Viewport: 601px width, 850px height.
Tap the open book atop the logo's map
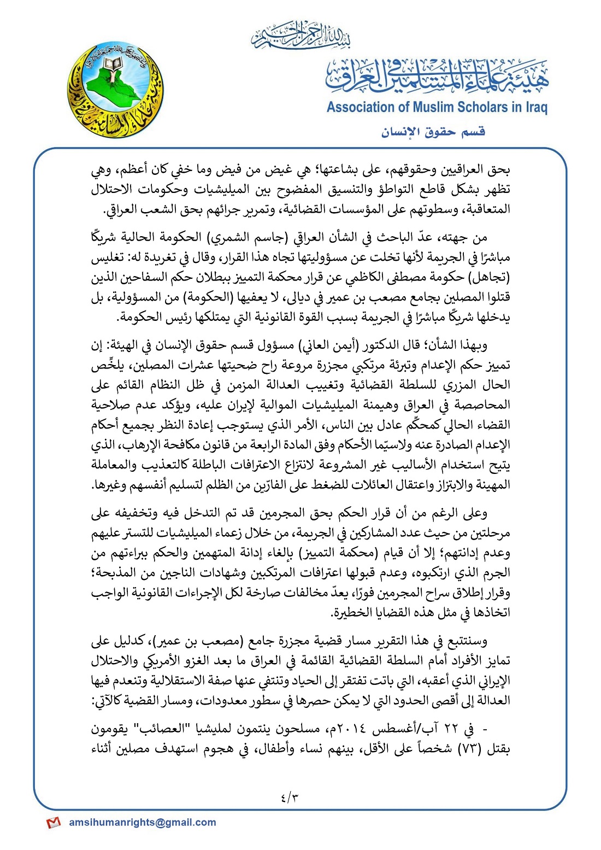coord(112,65)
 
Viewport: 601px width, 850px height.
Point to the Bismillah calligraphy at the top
coord(300,35)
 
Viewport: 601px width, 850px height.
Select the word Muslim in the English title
coord(432,107)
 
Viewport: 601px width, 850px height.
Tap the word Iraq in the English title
coord(536,107)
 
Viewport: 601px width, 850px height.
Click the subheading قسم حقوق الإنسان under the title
coord(433,132)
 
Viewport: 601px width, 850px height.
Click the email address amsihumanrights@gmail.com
coord(143,822)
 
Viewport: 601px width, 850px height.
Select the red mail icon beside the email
coord(53,822)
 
